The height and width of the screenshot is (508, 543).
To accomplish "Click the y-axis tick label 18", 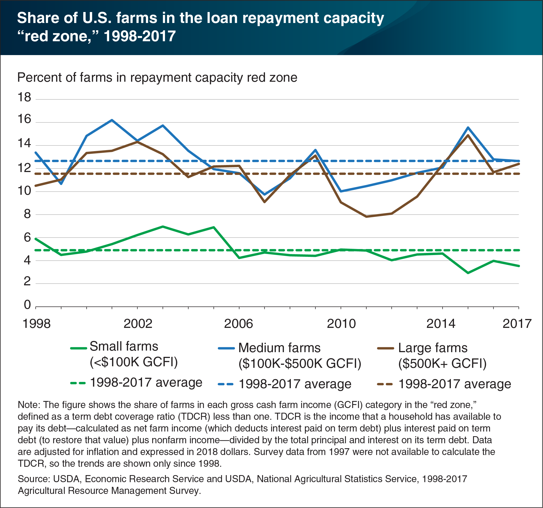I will coord(24,98).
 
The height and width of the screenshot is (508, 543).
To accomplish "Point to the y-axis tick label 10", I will coord(24,190).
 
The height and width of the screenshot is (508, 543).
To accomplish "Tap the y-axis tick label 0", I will coord(27,305).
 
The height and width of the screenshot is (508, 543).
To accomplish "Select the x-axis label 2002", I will coord(138,324).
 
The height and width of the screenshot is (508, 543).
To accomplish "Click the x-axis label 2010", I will coord(341,324).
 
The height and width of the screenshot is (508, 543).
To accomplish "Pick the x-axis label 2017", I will coord(517,324).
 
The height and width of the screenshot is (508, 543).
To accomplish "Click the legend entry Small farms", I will coord(124,347).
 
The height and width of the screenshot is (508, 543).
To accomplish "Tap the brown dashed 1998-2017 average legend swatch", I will coord(385,384).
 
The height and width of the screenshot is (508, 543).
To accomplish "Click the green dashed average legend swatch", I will coord(78,383).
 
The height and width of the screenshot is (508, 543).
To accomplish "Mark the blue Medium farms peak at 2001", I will coord(112,120).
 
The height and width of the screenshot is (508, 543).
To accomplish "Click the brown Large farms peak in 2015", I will coord(468,135).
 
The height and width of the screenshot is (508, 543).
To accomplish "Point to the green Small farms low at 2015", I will coord(468,273).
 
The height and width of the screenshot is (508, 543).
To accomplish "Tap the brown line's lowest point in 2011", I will coord(366,217).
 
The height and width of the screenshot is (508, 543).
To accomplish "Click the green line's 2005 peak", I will coord(214,227).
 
